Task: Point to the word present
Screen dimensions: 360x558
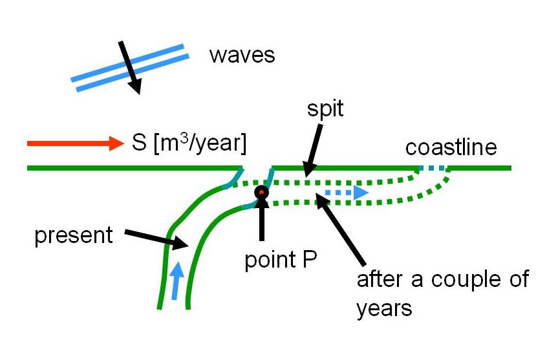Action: [x=73, y=235]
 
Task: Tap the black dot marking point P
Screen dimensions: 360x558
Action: [x=262, y=192]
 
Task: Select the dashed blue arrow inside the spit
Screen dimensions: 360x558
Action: [x=346, y=193]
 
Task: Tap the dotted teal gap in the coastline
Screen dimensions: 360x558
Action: [x=432, y=169]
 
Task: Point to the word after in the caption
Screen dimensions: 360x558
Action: [x=380, y=280]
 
